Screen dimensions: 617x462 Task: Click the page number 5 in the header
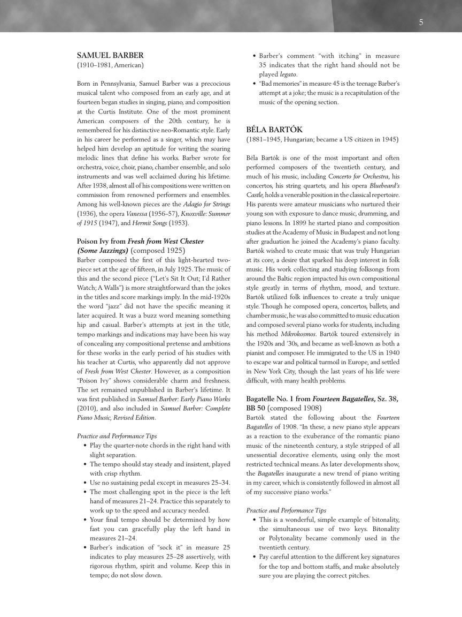(421, 22)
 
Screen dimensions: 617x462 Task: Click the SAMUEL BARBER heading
(110, 55)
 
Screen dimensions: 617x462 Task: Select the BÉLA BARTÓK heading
(274, 130)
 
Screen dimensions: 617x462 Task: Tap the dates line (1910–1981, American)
(110, 65)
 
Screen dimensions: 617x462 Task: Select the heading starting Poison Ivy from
(140, 242)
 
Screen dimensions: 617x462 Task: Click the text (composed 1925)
(158, 251)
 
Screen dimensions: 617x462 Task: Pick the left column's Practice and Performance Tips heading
(117, 436)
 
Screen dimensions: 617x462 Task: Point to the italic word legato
(288, 74)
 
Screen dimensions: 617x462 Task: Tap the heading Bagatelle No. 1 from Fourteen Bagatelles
(322, 399)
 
